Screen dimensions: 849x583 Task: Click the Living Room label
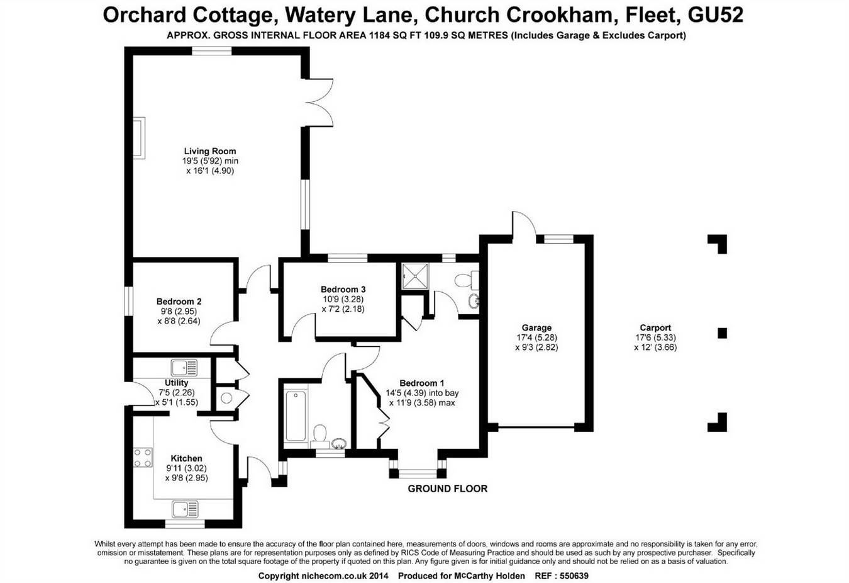tap(210, 151)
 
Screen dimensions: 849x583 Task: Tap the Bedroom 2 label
tap(179, 302)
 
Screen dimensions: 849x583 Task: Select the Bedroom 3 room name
tap(343, 290)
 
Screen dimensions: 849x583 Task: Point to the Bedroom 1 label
tap(422, 383)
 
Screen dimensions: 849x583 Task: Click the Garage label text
tap(536, 327)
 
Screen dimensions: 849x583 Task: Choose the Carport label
tap(655, 327)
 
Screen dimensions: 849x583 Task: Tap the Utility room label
tap(176, 383)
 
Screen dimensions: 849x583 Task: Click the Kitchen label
tap(186, 458)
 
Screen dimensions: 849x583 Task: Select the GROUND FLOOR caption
tap(447, 489)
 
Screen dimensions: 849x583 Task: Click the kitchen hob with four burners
tap(143, 458)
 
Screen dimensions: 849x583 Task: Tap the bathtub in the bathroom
tap(296, 416)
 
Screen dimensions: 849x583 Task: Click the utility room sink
tap(183, 367)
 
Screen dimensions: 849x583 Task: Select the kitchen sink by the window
tap(184, 508)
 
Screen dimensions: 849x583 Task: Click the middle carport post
tap(722, 333)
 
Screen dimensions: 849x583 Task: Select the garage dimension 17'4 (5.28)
tap(536, 337)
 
